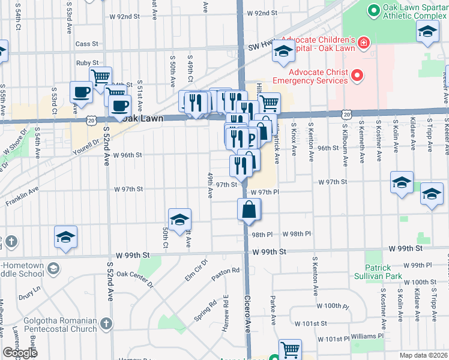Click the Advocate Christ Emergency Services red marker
tap(357, 76)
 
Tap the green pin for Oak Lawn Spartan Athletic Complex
tap(372, 10)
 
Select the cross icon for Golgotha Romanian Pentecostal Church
tap(106, 325)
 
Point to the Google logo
tap(20, 353)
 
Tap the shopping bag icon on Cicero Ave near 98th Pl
tap(249, 210)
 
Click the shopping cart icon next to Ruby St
tap(100, 76)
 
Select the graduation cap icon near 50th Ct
tap(179, 220)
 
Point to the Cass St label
tap(87, 44)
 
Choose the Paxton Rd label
tap(226, 271)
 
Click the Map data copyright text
tap(423, 355)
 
